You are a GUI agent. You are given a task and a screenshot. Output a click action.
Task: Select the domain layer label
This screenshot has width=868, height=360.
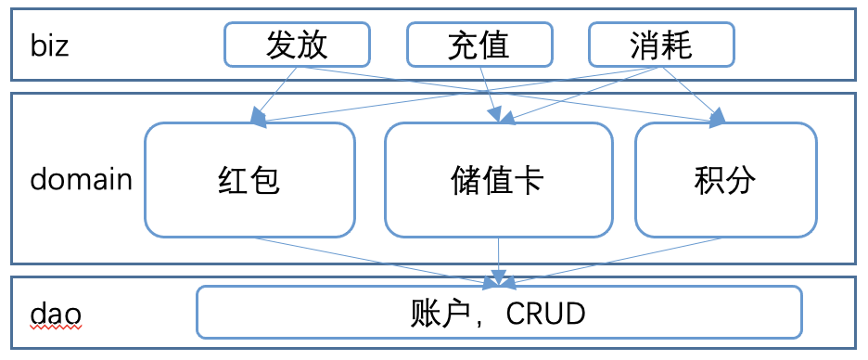[81, 179]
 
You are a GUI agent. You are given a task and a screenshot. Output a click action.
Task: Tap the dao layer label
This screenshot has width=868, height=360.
[56, 313]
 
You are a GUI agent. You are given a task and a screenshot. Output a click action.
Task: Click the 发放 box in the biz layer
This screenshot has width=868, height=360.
[297, 45]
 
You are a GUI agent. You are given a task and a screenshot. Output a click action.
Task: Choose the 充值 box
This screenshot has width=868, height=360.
[479, 45]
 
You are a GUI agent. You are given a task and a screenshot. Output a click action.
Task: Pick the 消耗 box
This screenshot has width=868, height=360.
[661, 45]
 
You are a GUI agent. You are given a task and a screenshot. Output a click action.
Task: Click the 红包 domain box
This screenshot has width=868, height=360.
[249, 180]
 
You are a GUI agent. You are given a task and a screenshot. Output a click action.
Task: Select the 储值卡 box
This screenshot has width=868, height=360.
[499, 180]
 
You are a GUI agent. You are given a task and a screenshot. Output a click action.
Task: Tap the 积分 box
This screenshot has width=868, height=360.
[725, 180]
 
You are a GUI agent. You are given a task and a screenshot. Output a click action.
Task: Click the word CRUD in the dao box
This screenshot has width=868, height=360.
[546, 314]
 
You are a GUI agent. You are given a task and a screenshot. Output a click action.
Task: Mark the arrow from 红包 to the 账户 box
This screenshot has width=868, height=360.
[371, 258]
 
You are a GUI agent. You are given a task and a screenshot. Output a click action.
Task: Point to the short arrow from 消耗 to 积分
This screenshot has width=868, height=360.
[696, 93]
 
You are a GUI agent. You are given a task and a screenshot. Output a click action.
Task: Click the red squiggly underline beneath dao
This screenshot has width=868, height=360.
[56, 328]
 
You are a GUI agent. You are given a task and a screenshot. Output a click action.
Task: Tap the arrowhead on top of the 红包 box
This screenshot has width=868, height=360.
[255, 118]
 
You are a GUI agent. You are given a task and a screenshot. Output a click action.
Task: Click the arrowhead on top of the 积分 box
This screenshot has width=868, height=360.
[719, 118]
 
